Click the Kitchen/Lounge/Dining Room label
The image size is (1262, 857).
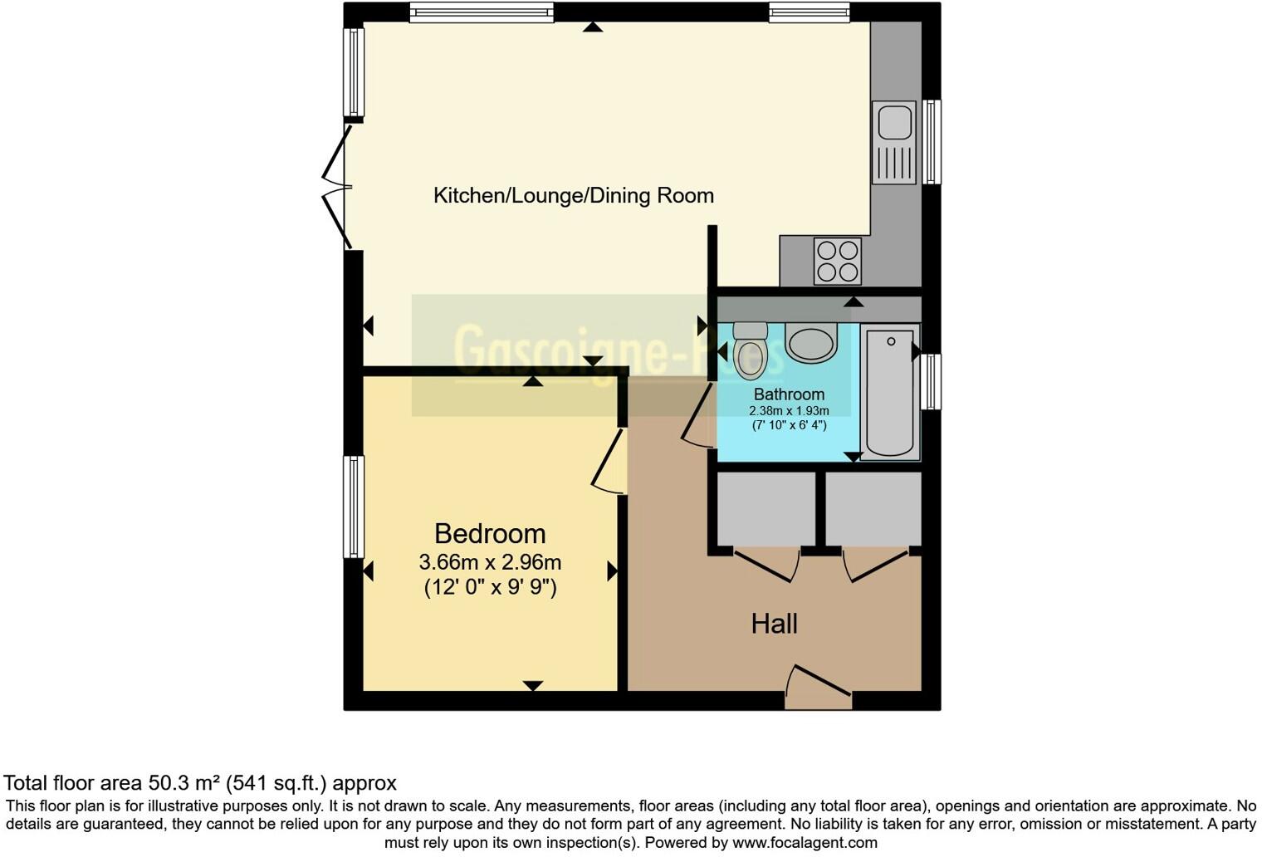click(573, 195)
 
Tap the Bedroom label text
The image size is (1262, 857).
click(490, 533)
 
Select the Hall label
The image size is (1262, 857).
click(774, 624)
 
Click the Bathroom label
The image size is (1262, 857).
click(789, 394)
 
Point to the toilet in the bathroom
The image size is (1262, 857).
click(751, 350)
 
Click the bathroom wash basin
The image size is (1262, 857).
click(810, 343)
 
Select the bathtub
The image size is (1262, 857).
click(890, 391)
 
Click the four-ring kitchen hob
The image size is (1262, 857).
click(837, 261)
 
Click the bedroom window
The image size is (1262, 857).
click(354, 507)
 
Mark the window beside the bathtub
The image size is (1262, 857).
click(932, 382)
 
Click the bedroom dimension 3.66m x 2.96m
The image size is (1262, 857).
click(490, 562)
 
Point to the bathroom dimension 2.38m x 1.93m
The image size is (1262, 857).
click(789, 411)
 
